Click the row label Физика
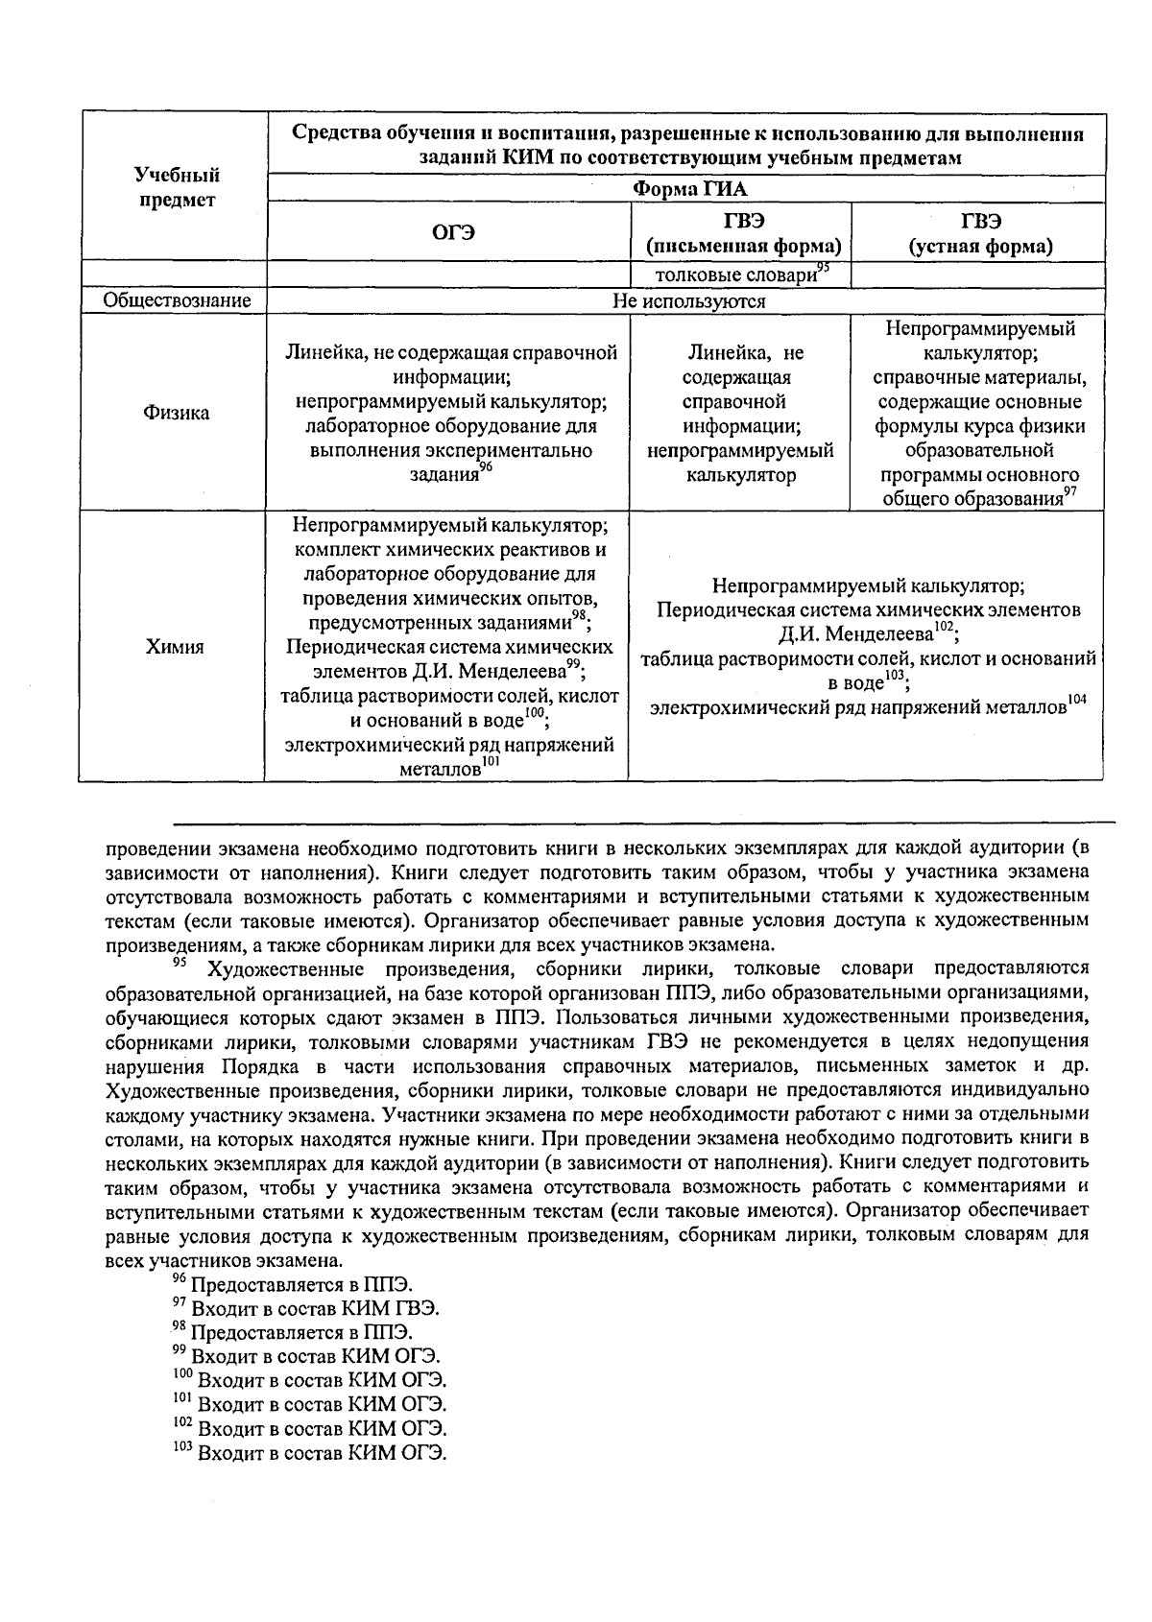click(x=176, y=414)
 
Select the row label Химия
click(x=175, y=648)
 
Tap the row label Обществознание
click(x=176, y=301)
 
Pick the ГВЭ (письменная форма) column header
click(x=740, y=233)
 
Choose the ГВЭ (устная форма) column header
click(x=980, y=233)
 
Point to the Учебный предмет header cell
click(x=176, y=187)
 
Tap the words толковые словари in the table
click(x=733, y=275)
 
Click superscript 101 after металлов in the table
click(x=492, y=762)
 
